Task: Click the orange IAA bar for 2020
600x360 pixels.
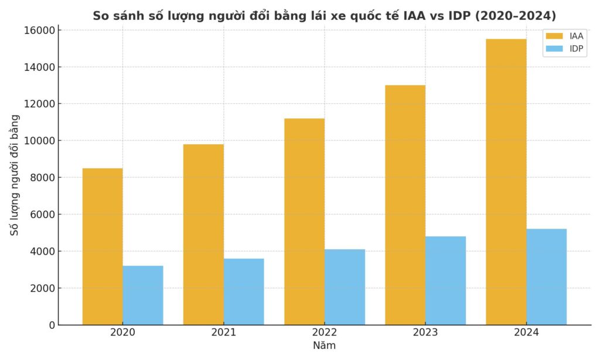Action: [103, 246]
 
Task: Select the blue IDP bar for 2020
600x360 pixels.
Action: [143, 295]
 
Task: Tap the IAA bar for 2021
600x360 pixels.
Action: [203, 235]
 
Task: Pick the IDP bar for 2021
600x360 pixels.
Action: [244, 291]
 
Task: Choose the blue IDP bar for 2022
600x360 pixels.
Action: [345, 287]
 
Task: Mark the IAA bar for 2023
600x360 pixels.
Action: [405, 205]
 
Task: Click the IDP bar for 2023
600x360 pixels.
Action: [445, 280]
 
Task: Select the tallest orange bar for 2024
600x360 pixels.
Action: [506, 182]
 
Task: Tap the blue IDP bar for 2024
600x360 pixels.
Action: [546, 277]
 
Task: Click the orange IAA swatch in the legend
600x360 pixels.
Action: [554, 36]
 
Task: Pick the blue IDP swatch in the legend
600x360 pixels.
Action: [554, 49]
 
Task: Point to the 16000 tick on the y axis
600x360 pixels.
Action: [41, 30]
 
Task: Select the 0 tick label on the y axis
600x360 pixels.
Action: [52, 325]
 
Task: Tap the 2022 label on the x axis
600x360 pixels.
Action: [324, 333]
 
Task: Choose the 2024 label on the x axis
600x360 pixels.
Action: [526, 333]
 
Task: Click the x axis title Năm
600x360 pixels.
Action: [324, 346]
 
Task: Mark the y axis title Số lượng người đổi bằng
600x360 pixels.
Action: [15, 175]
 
